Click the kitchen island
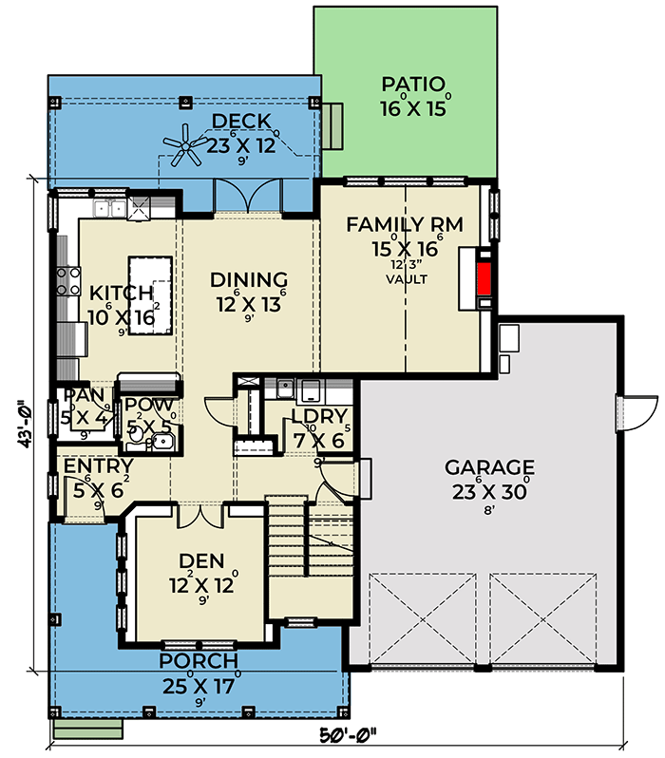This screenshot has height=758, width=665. pyautogui.click(x=150, y=294)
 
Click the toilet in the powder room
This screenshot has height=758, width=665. pyautogui.click(x=136, y=435)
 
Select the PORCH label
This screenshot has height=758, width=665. pyautogui.click(x=199, y=661)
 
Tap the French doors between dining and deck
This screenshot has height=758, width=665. pyautogui.click(x=247, y=198)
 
